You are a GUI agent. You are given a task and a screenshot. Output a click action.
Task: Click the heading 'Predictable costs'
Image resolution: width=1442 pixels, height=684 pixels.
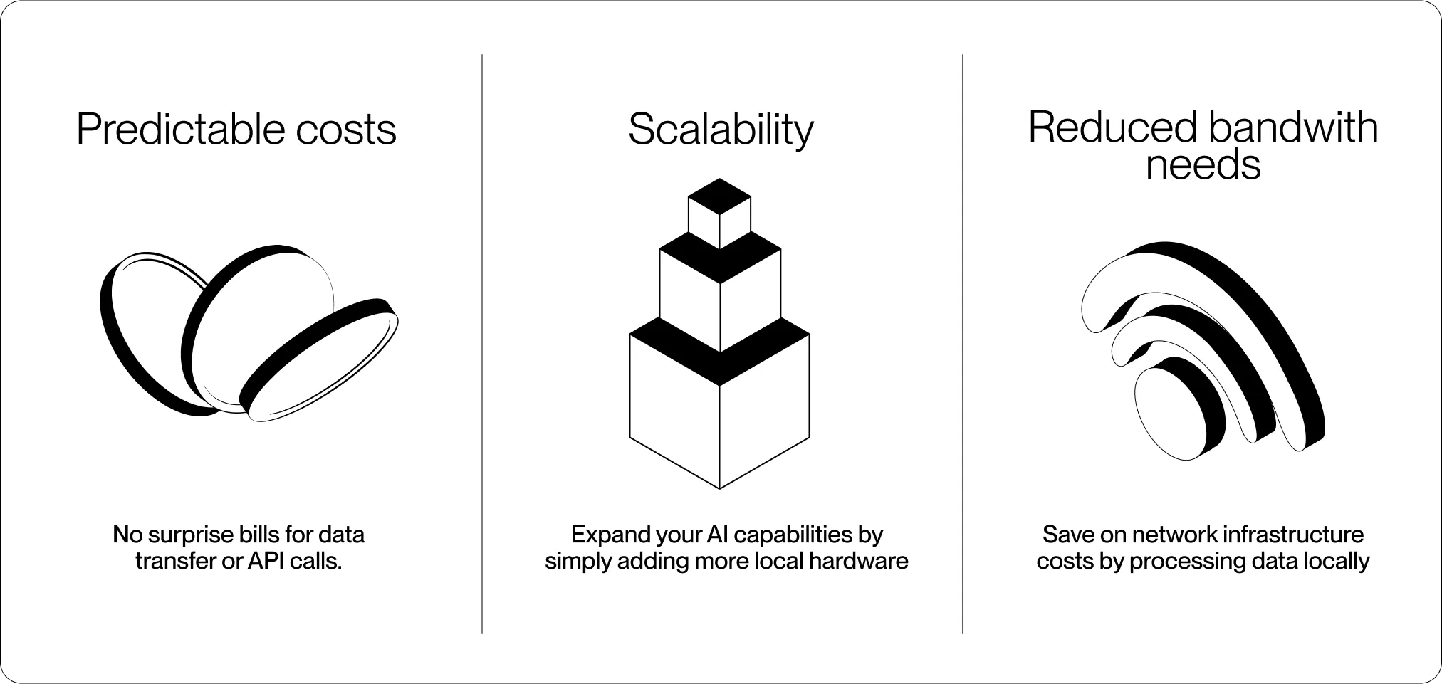pos(236,130)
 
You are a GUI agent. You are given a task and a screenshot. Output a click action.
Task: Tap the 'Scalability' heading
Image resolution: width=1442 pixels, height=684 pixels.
pos(720,130)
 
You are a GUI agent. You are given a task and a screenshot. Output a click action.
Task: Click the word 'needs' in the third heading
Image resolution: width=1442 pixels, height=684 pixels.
pos(1203,164)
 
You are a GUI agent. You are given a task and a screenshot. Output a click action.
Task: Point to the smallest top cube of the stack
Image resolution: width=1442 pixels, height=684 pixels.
pos(719,213)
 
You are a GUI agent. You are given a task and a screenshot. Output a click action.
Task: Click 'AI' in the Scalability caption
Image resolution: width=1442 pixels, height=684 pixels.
pos(719,534)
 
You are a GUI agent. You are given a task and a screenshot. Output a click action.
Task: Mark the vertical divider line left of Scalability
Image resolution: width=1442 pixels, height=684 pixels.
pos(482,342)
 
